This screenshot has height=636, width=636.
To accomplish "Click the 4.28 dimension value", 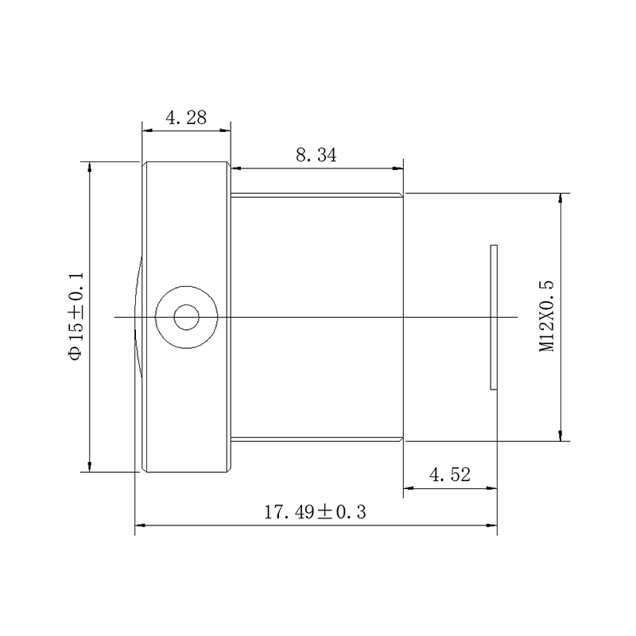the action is [186, 118].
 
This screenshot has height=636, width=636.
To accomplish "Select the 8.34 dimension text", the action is [316, 155].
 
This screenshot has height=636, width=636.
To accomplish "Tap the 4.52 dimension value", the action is [450, 475].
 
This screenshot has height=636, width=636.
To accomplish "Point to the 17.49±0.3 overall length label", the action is [315, 512].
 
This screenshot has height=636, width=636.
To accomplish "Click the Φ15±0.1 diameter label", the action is [76, 316].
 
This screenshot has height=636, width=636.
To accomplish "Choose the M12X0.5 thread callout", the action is [546, 316].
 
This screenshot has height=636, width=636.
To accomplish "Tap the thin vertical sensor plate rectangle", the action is [494, 317].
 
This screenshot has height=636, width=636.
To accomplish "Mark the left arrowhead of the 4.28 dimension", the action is [147, 130].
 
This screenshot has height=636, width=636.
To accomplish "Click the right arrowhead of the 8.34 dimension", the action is [398, 168].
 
